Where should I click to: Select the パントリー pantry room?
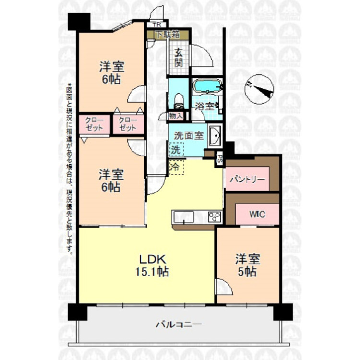click(x=247, y=180)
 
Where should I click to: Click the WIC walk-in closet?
click(x=257, y=214)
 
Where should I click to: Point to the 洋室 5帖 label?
click(x=247, y=265)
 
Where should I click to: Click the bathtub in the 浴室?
click(x=207, y=87)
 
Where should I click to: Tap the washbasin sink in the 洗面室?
click(x=214, y=136)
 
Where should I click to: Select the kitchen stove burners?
click(x=214, y=216)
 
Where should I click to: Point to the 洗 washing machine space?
click(x=176, y=149)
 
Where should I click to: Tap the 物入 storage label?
click(x=175, y=116)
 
